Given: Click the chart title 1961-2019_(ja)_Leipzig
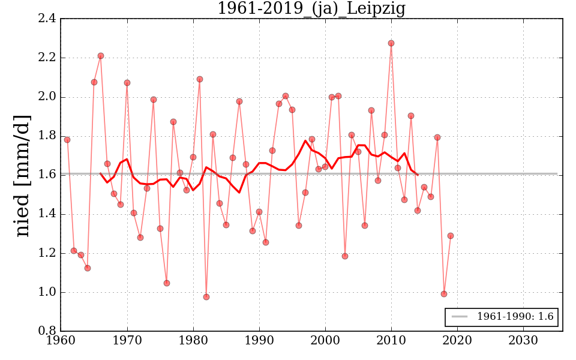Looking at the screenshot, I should [x=311, y=9].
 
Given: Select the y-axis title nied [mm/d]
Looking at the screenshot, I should [x=22, y=175].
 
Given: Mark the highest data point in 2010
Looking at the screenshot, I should [x=391, y=43].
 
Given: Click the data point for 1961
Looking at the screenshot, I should [x=67, y=140].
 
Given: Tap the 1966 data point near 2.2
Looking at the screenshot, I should [x=101, y=56].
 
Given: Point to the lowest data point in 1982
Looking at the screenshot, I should [x=206, y=297].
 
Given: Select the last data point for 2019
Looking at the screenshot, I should [x=451, y=236].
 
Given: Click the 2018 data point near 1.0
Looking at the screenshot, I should [x=444, y=294].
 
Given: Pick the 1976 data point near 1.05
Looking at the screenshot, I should [x=167, y=283].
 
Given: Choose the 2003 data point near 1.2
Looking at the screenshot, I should [x=345, y=256].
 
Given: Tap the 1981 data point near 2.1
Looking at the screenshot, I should [x=200, y=79].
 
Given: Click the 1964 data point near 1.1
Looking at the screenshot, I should [x=88, y=268].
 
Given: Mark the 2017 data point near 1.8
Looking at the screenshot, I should [x=437, y=137].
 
